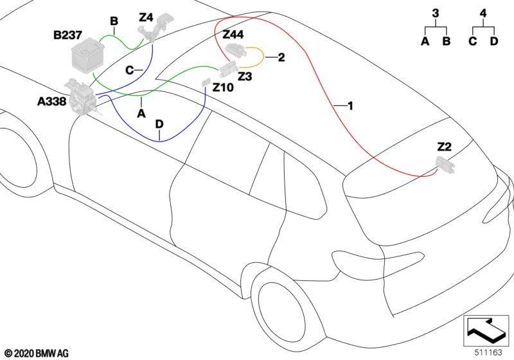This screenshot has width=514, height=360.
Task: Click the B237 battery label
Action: (67, 35)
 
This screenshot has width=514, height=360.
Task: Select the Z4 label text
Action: (146, 17)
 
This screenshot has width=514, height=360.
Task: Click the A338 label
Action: (52, 102)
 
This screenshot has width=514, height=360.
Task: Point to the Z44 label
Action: (233, 34)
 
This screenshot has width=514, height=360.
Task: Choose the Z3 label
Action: (245, 76)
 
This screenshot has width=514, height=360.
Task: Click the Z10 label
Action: (223, 87)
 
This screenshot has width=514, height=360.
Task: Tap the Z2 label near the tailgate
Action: (444, 147)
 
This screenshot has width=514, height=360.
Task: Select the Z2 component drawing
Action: (445, 166)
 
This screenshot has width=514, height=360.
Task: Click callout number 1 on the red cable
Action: (350, 106)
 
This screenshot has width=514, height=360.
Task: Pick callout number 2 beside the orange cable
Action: (281, 57)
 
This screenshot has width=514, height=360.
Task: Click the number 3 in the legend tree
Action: (436, 14)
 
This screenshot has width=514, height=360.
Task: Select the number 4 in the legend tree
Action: (483, 14)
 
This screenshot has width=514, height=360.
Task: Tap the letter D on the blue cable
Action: (159, 124)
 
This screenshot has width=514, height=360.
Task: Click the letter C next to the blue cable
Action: (130, 70)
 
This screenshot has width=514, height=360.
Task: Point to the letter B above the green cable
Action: (114, 21)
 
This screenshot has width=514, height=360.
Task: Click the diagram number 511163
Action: (488, 352)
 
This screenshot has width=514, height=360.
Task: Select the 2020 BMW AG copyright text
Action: (37, 354)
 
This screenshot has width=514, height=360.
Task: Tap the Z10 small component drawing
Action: (206, 82)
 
